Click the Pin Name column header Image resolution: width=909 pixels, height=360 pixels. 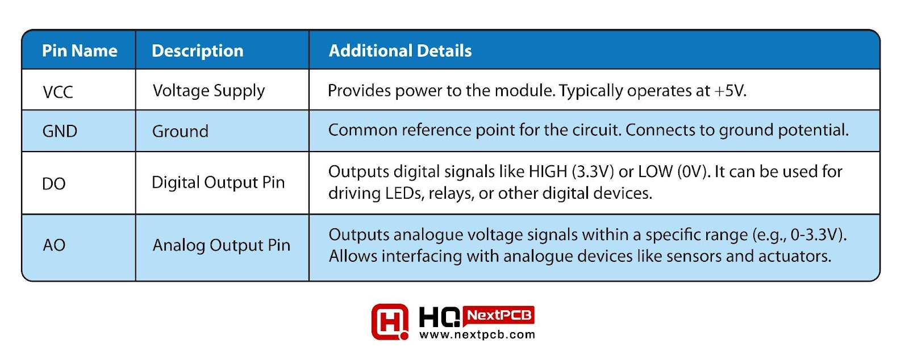(x=80, y=51)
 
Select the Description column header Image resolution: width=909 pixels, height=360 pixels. (x=198, y=51)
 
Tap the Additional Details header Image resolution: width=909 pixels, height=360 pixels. (x=400, y=51)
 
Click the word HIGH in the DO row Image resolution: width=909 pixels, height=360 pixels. (x=548, y=172)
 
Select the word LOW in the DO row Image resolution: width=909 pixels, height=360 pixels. (x=656, y=172)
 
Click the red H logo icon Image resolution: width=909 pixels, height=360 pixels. (x=390, y=322)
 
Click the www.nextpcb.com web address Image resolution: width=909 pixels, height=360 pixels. (x=477, y=335)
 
